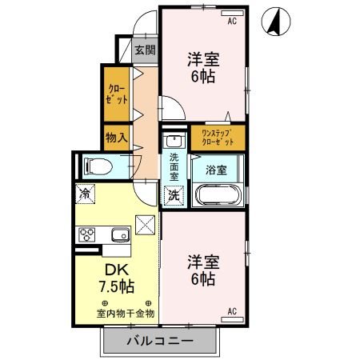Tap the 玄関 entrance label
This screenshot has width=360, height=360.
coord(145,50)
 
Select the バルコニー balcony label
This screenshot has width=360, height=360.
coord(159,342)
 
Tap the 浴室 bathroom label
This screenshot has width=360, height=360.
coord(216,170)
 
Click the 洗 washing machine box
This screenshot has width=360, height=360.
coord(173,194)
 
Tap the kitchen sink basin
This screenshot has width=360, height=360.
coord(121,234)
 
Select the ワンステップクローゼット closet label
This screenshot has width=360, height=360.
coord(218,136)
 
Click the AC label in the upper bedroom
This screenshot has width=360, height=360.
coord(233,21)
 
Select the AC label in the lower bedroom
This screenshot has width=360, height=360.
coord(233,310)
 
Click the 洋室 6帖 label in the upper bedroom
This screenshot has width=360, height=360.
coord(203,67)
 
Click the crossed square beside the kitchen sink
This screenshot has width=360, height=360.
coord(146,227)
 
